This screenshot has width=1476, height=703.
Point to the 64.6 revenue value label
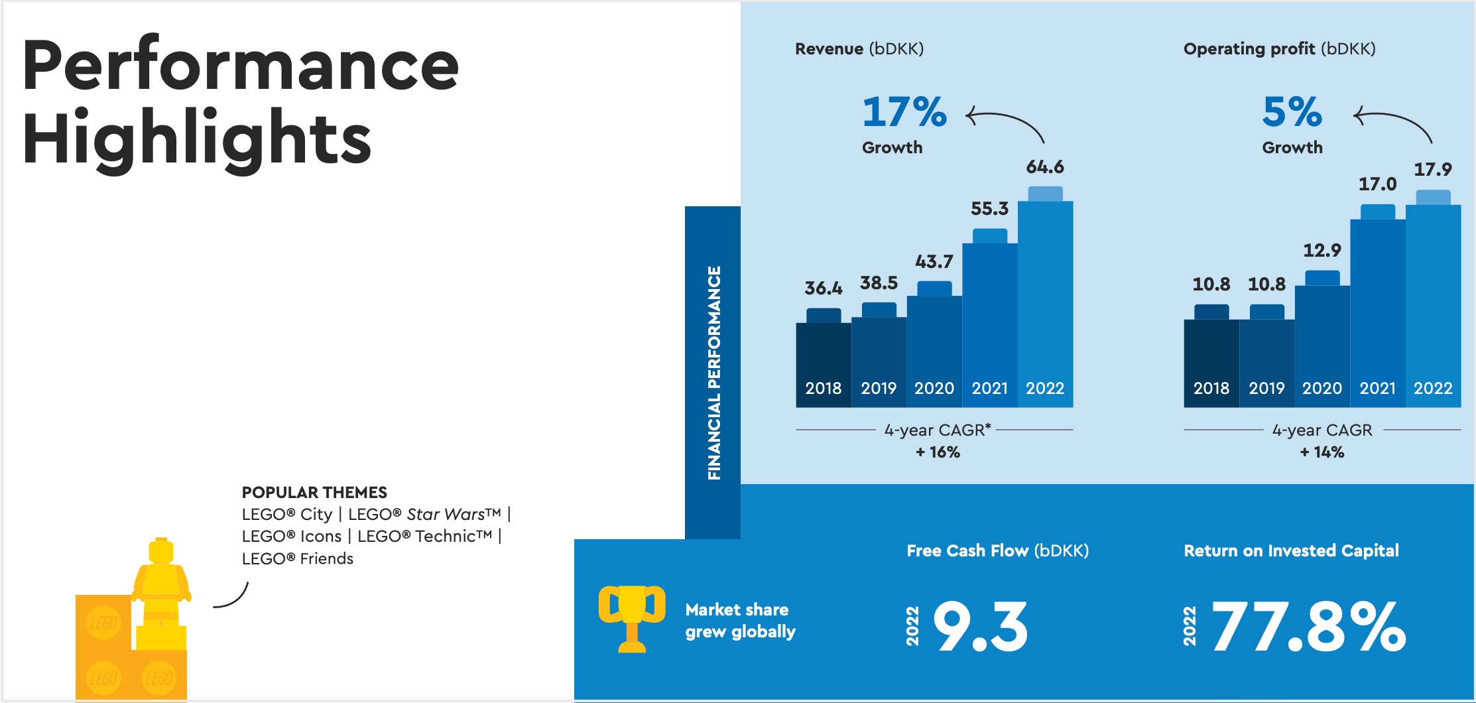point(1045,167)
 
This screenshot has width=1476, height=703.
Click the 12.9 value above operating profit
point(1322,251)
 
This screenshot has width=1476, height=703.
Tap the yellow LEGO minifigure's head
point(161,551)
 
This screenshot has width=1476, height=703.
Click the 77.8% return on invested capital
point(1308,627)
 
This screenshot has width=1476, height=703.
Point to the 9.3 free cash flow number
point(981,627)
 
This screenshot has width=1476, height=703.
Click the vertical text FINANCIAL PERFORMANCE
point(713,373)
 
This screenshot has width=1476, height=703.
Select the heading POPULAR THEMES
point(314,493)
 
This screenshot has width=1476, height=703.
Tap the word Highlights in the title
point(197,138)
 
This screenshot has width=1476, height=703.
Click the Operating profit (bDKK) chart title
point(1279,49)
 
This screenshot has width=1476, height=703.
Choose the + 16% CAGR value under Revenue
point(938,452)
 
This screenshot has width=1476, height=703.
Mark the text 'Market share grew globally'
point(740,620)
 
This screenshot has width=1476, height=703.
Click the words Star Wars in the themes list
point(446,515)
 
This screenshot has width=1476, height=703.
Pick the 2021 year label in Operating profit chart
point(1377,388)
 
